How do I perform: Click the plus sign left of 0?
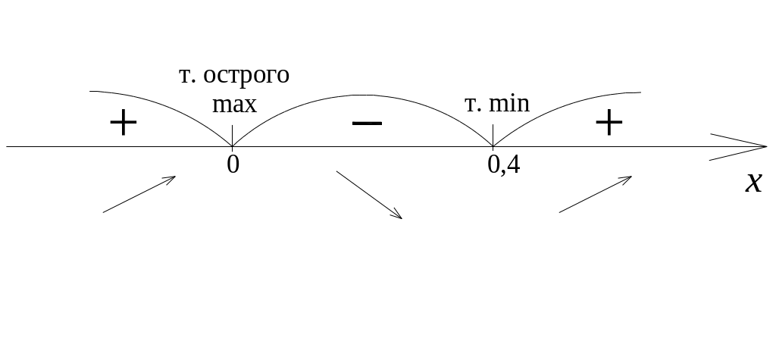(123, 123)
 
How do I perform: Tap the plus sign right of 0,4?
(609, 123)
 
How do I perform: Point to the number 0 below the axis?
(233, 164)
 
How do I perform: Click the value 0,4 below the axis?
(504, 164)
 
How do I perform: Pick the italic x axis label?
(753, 183)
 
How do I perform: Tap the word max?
(234, 103)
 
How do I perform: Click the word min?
(510, 103)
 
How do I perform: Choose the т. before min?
(474, 103)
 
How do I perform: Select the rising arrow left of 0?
(139, 195)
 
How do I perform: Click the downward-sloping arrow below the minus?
(369, 196)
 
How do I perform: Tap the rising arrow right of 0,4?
(596, 194)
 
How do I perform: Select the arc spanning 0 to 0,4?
(364, 95)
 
